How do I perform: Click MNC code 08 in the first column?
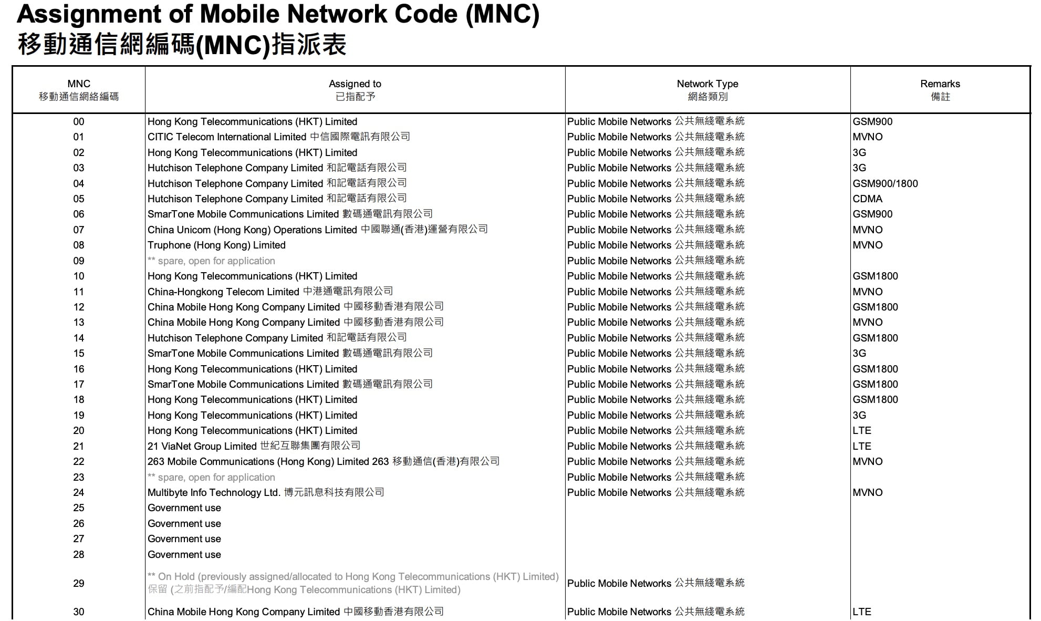(x=79, y=245)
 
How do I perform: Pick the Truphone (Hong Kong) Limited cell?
(x=216, y=245)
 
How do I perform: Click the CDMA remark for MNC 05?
(x=867, y=199)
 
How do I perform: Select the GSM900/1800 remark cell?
(x=885, y=184)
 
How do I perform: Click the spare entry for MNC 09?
(x=211, y=261)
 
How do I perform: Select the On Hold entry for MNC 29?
(x=352, y=583)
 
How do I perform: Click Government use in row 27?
(x=184, y=539)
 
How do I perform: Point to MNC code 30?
(x=79, y=612)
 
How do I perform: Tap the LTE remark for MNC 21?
(x=862, y=446)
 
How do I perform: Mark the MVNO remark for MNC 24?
(x=867, y=493)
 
